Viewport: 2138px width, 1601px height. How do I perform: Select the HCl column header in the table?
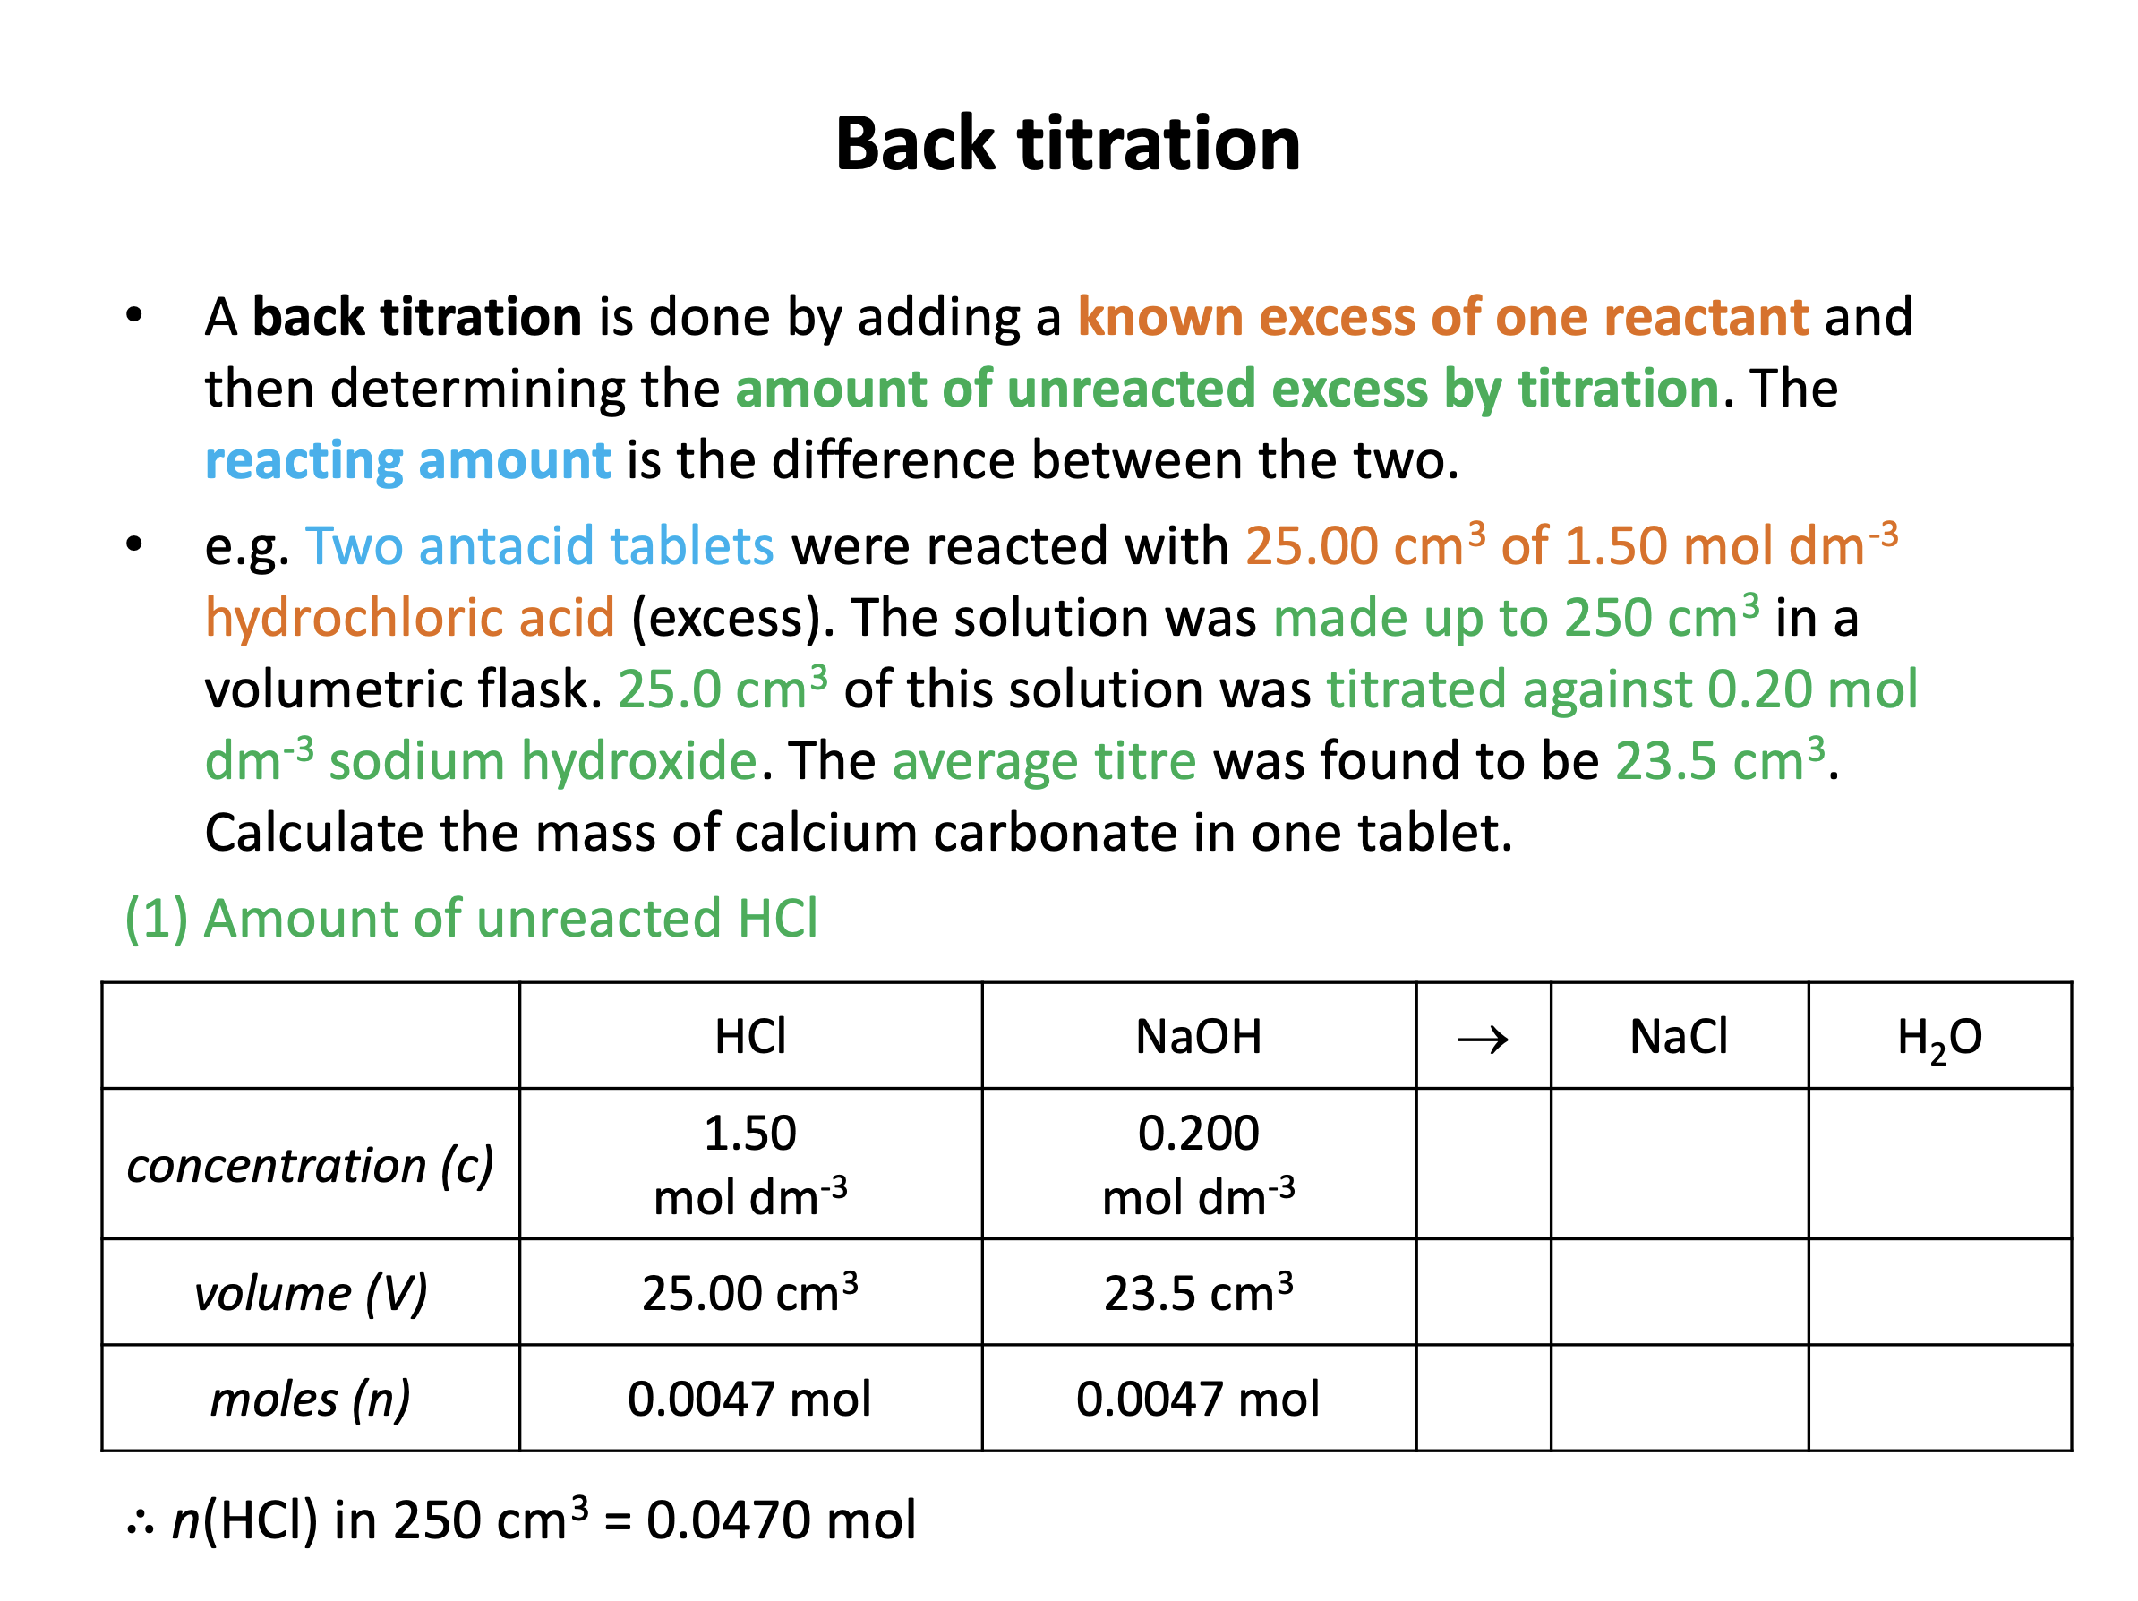[x=750, y=1036]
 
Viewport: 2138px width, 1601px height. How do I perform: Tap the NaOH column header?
[x=1199, y=1036]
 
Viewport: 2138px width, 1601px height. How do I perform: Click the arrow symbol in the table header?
[x=1483, y=1040]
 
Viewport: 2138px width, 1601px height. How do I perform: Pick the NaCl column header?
[x=1679, y=1036]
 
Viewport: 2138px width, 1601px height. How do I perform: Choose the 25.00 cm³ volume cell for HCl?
[x=750, y=1293]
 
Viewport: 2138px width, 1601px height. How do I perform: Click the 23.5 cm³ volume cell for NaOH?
[x=1199, y=1293]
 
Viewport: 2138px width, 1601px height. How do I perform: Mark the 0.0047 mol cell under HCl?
[x=750, y=1398]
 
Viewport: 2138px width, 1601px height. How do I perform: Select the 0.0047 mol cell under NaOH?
[x=1199, y=1398]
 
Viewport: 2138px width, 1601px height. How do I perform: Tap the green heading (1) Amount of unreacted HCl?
[x=472, y=918]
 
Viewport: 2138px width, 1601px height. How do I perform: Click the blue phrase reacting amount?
[x=408, y=460]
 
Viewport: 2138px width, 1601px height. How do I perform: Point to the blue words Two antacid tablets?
[x=539, y=546]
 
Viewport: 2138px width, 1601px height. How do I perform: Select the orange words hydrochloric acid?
[x=410, y=618]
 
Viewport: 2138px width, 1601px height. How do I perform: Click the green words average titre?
[x=1044, y=761]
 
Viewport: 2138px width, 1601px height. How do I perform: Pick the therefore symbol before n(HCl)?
[x=141, y=1523]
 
